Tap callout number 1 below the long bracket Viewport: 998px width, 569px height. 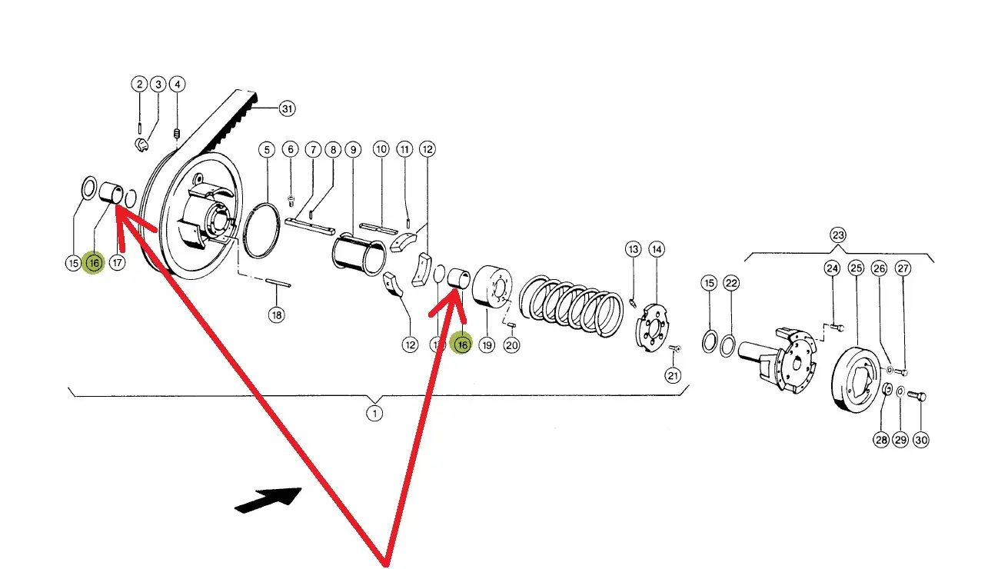click(x=374, y=414)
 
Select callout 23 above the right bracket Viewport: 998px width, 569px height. click(x=837, y=235)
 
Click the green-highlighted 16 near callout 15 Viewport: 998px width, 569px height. click(x=94, y=264)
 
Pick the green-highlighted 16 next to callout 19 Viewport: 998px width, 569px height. click(x=462, y=345)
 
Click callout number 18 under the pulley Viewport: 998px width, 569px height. click(x=276, y=314)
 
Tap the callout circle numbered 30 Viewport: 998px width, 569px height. click(x=920, y=440)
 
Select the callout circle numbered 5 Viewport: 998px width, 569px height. click(x=266, y=149)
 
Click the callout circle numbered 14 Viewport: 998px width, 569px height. click(x=656, y=249)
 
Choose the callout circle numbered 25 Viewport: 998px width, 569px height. click(x=856, y=268)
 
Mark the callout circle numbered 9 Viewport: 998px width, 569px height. click(x=353, y=149)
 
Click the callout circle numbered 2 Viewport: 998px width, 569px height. click(x=138, y=84)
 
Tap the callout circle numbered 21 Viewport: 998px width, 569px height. click(x=674, y=375)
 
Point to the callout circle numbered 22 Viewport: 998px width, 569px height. click(x=731, y=284)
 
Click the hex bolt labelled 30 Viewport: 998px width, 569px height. click(x=916, y=397)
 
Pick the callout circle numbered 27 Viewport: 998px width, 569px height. click(x=903, y=268)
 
